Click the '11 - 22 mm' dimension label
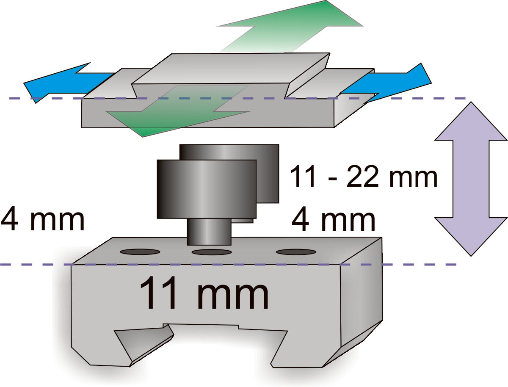coord(363,177)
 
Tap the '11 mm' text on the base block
coord(204,293)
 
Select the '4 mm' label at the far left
coord(43,219)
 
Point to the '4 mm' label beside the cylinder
coord(333,219)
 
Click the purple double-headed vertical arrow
coord(471,179)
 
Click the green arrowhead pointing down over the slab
coord(178,111)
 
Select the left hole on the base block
coord(140,252)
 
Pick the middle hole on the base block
coord(212,252)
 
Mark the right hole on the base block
coord(296,252)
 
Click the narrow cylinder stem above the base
coord(209,232)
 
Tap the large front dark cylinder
coord(207,189)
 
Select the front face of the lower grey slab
coord(207,113)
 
